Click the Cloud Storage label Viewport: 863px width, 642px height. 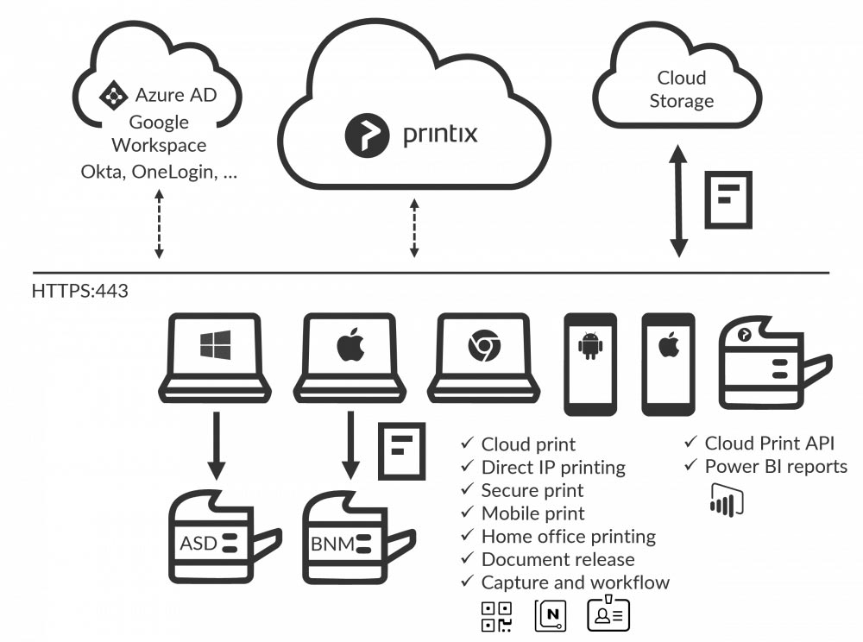click(681, 90)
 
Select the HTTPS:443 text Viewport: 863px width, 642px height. click(79, 291)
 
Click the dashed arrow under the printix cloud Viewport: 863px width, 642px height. click(414, 228)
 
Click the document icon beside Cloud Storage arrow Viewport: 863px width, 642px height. click(728, 199)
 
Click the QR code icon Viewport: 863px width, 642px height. click(496, 615)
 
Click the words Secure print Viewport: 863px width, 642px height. click(532, 490)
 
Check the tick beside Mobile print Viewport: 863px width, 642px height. click(467, 513)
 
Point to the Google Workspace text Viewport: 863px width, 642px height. click(159, 134)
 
